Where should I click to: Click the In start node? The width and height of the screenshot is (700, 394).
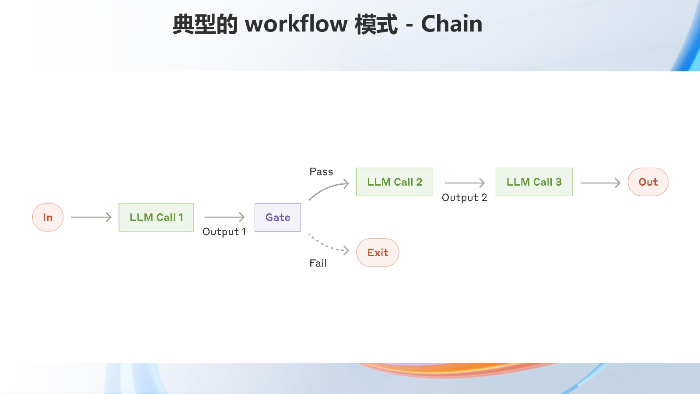[48, 217]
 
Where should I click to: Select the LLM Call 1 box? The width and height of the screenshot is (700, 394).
[156, 217]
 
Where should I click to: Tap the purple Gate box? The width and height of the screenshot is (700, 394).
[278, 217]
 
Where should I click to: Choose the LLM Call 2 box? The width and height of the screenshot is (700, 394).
[395, 182]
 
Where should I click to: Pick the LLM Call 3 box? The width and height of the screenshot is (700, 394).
[534, 182]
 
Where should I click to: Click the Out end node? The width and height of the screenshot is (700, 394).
[648, 182]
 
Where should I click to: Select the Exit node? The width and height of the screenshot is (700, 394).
[378, 252]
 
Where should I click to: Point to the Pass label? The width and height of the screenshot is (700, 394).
[321, 172]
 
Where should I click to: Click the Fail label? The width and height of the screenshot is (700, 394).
[318, 263]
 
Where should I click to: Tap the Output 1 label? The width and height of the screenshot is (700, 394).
[224, 232]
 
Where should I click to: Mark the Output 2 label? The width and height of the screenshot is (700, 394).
[464, 197]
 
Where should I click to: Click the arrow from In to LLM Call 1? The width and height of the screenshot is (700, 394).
[91, 217]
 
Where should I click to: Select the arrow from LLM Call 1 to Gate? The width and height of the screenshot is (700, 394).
[224, 217]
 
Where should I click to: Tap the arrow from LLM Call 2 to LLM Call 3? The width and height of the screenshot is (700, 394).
[465, 183]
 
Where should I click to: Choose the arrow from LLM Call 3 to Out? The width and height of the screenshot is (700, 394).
[600, 183]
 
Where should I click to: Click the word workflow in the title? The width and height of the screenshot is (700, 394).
[296, 24]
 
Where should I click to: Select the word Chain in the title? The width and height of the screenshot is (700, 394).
[451, 24]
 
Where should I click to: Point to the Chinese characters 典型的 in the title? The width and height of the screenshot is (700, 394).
[205, 24]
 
